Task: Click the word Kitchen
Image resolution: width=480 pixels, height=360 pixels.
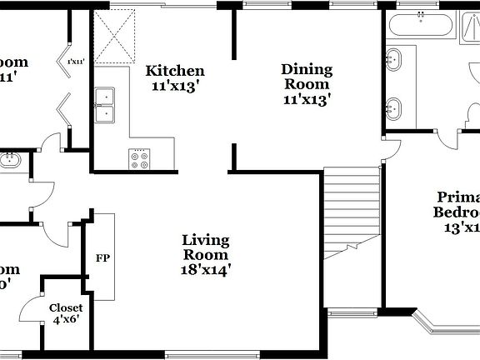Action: [175, 71]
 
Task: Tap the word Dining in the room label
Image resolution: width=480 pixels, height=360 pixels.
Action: [306, 69]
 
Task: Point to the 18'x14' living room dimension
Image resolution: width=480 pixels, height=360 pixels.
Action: [206, 269]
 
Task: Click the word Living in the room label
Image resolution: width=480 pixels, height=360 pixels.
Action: [206, 241]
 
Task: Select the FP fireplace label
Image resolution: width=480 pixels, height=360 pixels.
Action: [103, 257]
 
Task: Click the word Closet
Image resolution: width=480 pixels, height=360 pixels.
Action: [66, 307]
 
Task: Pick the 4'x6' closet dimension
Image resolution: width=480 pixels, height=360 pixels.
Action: [66, 319]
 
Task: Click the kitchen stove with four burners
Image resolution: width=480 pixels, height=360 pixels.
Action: [138, 157]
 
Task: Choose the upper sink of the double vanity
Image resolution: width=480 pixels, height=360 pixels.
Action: [393, 60]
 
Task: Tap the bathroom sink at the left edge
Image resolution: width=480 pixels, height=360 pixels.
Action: [10, 159]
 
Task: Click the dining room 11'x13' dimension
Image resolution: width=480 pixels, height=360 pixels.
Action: [306, 99]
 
